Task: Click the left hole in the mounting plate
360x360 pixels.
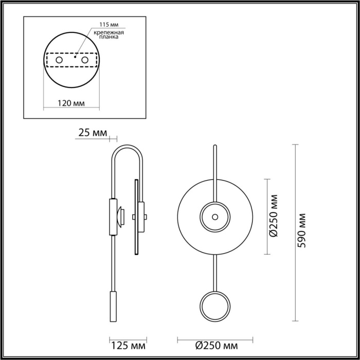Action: click(60, 61)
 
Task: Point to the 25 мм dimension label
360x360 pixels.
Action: click(92, 133)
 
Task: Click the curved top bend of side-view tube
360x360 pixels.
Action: click(128, 148)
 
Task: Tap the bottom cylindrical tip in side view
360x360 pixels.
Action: click(113, 307)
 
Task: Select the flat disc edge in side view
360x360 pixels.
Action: click(136, 216)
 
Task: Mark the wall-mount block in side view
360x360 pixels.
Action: click(112, 216)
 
